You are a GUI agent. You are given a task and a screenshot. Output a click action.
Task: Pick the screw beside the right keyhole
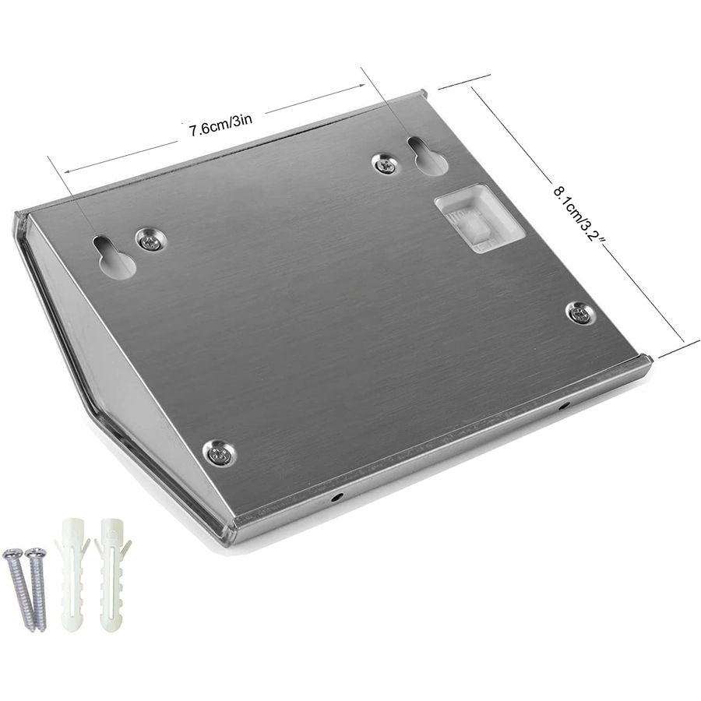[385, 163]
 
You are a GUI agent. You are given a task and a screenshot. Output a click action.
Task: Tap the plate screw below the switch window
[579, 313]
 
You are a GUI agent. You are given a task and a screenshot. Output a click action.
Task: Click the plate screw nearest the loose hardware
[220, 453]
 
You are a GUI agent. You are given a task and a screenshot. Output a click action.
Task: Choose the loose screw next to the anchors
[37, 589]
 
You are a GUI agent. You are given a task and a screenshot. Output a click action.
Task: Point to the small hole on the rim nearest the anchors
[336, 495]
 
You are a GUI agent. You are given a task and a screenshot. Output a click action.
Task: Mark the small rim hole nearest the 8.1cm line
[564, 406]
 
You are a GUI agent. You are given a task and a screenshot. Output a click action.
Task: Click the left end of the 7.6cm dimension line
[65, 170]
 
